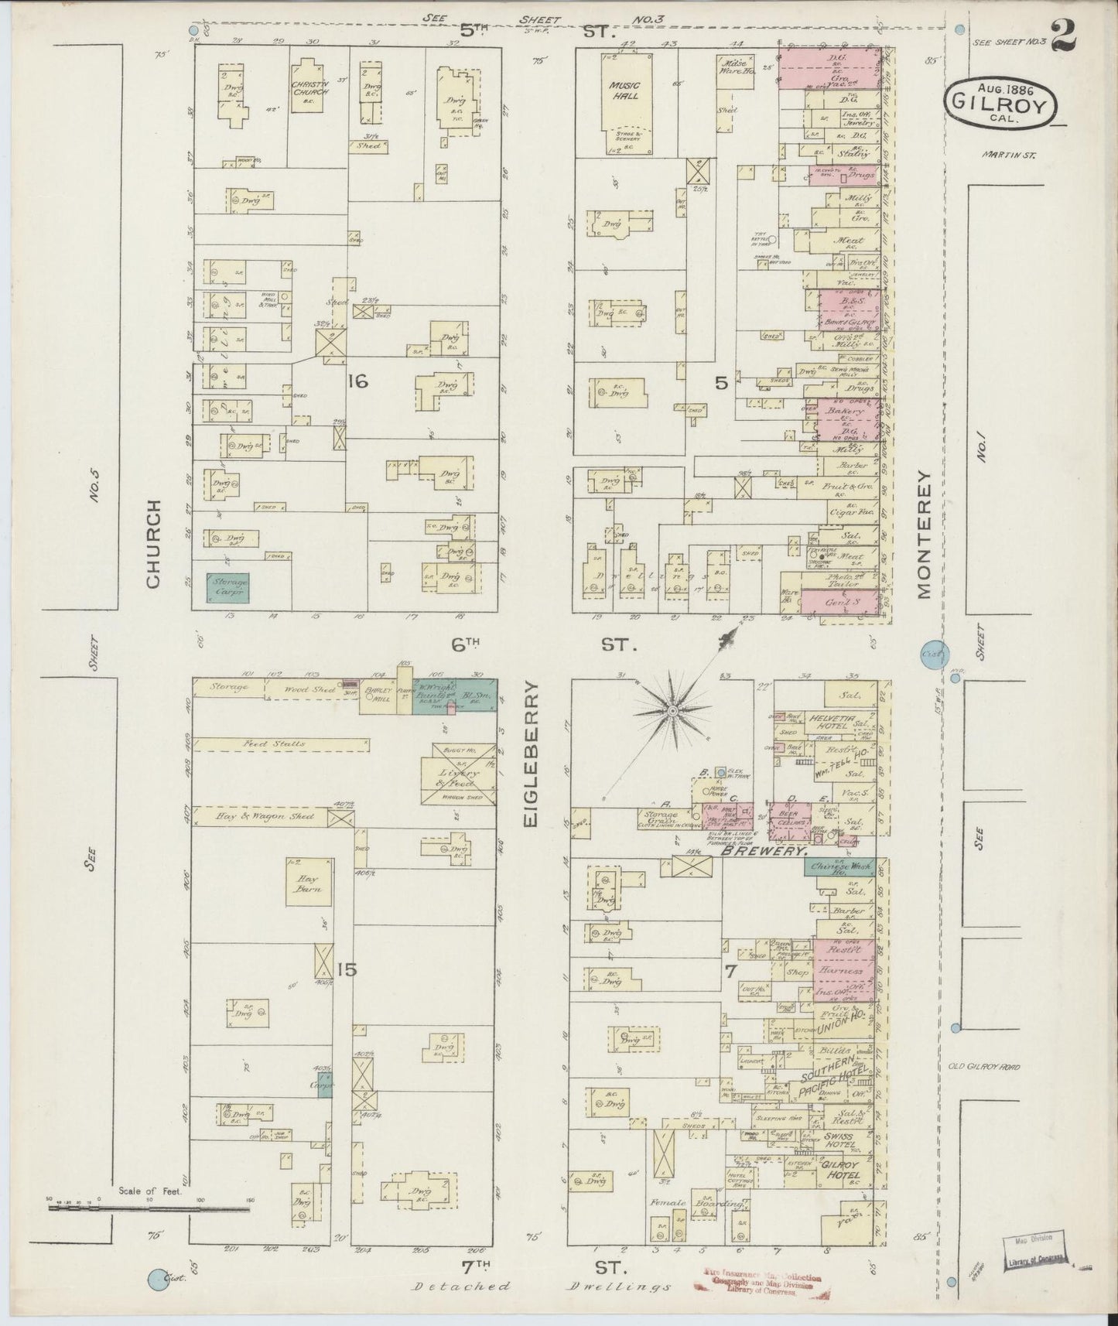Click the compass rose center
click(673, 709)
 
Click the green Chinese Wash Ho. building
click(839, 868)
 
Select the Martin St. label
click(1009, 155)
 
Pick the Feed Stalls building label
click(284, 743)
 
